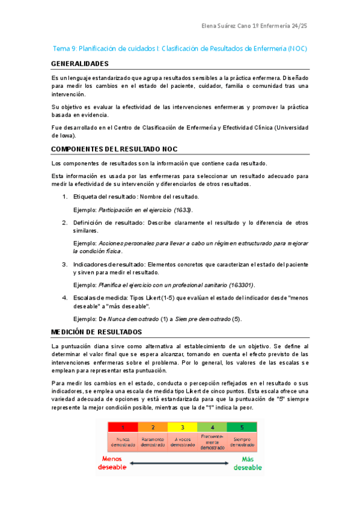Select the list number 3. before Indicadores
pos(65,264)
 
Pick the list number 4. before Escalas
pos(65,298)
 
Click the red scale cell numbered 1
pos(123,428)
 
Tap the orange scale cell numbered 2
pos(153,428)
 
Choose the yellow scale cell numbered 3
pos(183,428)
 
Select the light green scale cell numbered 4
pos(212,428)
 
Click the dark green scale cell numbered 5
pos(242,428)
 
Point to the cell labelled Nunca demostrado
pos(123,442)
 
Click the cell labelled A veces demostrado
pos(183,442)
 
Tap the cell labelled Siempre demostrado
pos(242,442)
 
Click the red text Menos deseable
pos(112,462)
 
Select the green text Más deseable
pos(248,462)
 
